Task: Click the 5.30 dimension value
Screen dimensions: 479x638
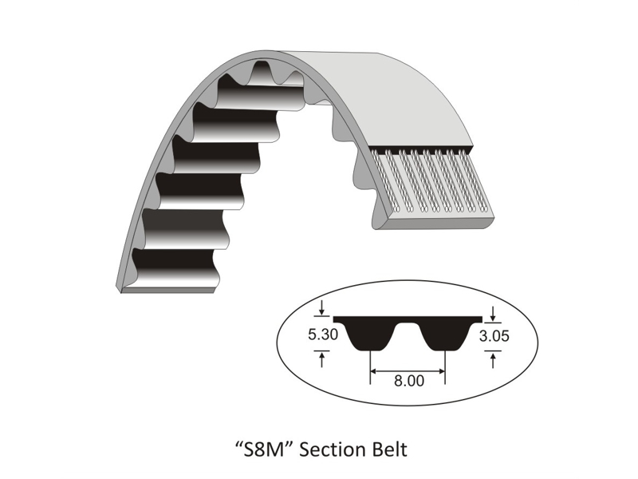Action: pos(323,335)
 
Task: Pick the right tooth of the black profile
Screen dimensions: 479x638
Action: pos(444,339)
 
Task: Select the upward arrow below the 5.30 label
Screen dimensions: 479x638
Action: pos(321,360)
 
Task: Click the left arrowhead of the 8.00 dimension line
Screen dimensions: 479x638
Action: pos(373,370)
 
